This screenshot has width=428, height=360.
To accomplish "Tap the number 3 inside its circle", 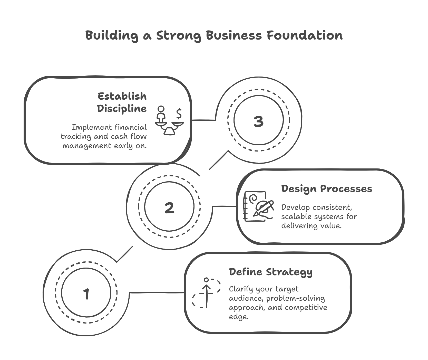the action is (x=259, y=121).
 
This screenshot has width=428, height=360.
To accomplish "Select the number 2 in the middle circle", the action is (x=169, y=208).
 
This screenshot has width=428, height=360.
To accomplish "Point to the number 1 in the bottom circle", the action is (x=86, y=294).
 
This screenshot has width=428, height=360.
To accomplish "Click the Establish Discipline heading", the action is (x=122, y=102).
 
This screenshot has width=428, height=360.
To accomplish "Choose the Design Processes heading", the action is (x=327, y=189).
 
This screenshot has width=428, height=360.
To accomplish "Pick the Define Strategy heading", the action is (x=271, y=272).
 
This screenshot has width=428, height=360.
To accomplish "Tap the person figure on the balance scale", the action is (x=161, y=114).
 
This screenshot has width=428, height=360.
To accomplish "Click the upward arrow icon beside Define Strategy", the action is (x=207, y=293).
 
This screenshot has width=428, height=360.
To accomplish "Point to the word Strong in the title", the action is (x=179, y=35).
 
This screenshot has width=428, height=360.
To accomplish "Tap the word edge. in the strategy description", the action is (x=239, y=317).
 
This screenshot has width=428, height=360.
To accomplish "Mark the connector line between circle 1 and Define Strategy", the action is (x=157, y=292).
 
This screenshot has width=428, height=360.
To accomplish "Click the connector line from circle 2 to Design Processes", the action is (x=224, y=206).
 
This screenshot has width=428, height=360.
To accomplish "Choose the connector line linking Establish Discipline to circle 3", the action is (x=204, y=120).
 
